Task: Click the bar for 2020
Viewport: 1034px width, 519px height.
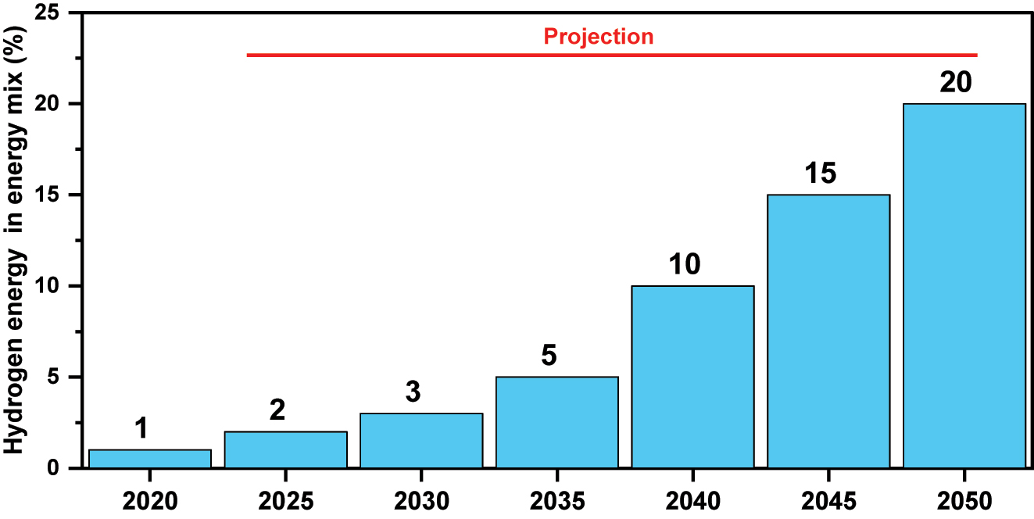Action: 150,459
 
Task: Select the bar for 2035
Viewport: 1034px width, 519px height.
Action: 556,422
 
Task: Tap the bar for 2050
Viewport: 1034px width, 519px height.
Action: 964,285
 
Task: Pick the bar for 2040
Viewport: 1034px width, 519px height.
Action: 692,377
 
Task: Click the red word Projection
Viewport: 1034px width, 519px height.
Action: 599,36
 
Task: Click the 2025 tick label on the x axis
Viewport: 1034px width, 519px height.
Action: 285,499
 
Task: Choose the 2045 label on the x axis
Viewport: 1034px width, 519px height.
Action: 828,499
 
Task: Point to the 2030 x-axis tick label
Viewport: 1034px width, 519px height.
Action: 421,499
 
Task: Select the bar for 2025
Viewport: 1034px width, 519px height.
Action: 285,449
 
